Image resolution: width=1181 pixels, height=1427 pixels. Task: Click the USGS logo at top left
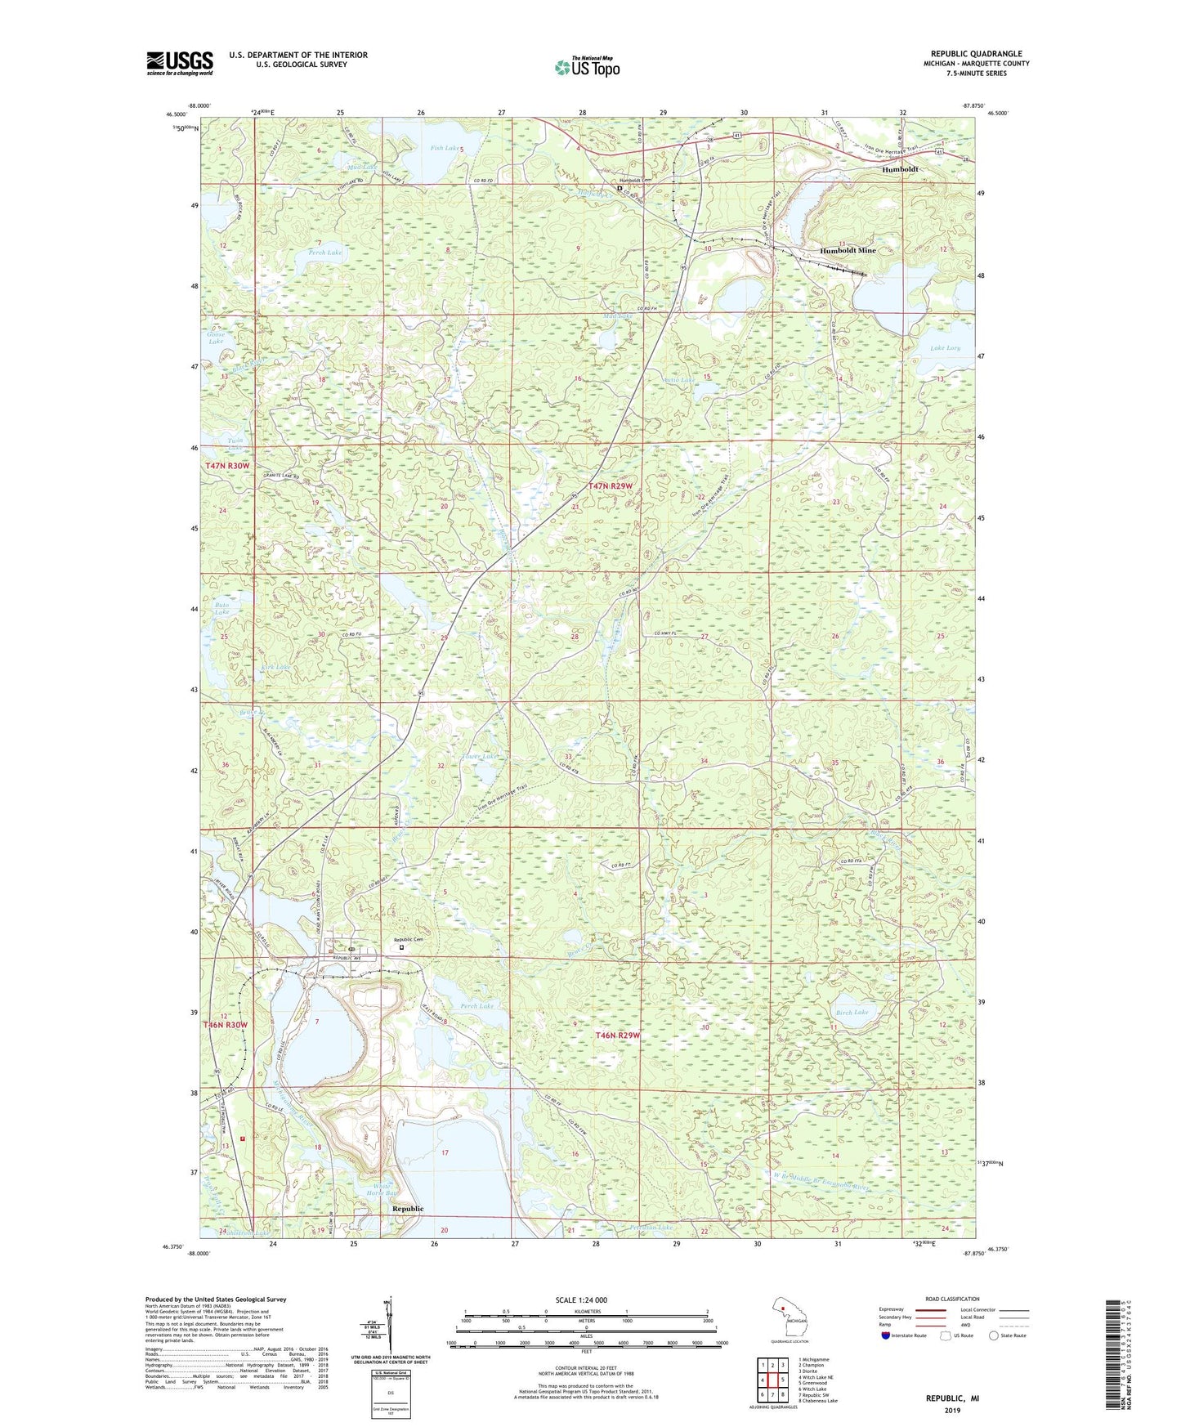pyautogui.click(x=180, y=63)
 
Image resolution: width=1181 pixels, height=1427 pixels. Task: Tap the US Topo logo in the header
pyautogui.click(x=587, y=67)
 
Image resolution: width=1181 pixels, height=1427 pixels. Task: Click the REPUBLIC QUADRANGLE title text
pyautogui.click(x=976, y=54)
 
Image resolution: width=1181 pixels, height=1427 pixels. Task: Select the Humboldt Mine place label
pyautogui.click(x=848, y=250)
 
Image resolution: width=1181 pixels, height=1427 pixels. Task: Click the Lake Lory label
pyautogui.click(x=946, y=348)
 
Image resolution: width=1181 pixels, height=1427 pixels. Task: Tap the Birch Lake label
pyautogui.click(x=852, y=1012)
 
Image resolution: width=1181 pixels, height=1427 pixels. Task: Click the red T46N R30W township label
pyautogui.click(x=226, y=1025)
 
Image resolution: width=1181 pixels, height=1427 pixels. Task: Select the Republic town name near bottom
pyautogui.click(x=408, y=1208)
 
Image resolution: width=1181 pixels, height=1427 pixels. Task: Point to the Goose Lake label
pyautogui.click(x=216, y=338)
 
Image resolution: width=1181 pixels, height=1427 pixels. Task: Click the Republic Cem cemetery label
pyautogui.click(x=409, y=940)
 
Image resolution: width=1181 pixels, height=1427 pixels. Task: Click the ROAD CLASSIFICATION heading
pyautogui.click(x=952, y=1299)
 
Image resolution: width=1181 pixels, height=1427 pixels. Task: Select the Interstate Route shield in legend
pyautogui.click(x=887, y=1335)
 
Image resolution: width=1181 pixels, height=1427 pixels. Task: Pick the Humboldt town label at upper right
pyautogui.click(x=899, y=169)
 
